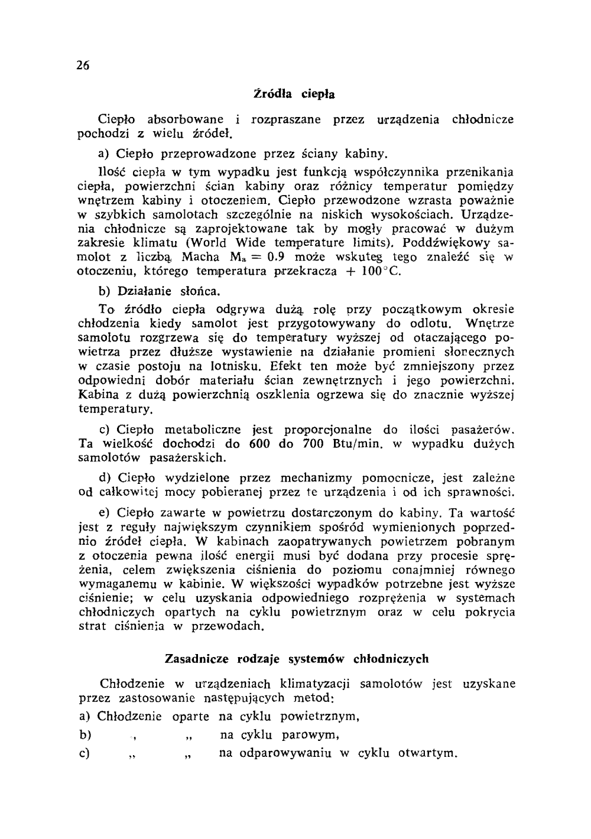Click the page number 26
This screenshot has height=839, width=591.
pos(82,66)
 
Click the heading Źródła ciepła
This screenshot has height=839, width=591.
pos(294,93)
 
